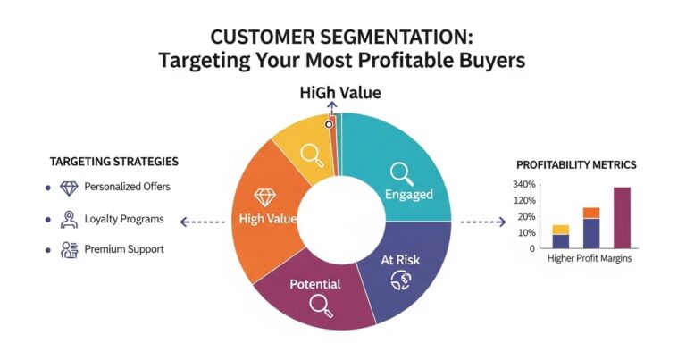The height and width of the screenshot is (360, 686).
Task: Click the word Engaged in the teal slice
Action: pos(408,194)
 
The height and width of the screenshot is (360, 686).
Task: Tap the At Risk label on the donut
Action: pos(401,259)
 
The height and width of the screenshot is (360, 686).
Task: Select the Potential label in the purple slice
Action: pos(315,284)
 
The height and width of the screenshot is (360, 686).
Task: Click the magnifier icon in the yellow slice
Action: pos(312,155)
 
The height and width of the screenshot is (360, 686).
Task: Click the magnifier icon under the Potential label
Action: pos(320,306)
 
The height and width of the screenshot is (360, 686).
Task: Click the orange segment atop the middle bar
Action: pos(590,213)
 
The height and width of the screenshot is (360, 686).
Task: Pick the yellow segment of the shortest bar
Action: pos(560,230)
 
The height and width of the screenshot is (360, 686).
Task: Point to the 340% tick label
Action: pos(524,185)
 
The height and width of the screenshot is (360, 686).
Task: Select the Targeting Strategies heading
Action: pos(113,162)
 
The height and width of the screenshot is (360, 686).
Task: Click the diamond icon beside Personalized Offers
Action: pos(69,188)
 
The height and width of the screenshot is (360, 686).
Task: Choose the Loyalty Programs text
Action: pos(125,218)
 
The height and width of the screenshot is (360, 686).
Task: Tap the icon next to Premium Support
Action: pos(69,249)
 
